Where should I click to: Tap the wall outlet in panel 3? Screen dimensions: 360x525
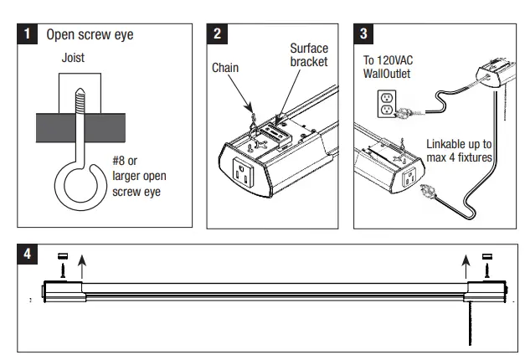click(386, 102)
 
